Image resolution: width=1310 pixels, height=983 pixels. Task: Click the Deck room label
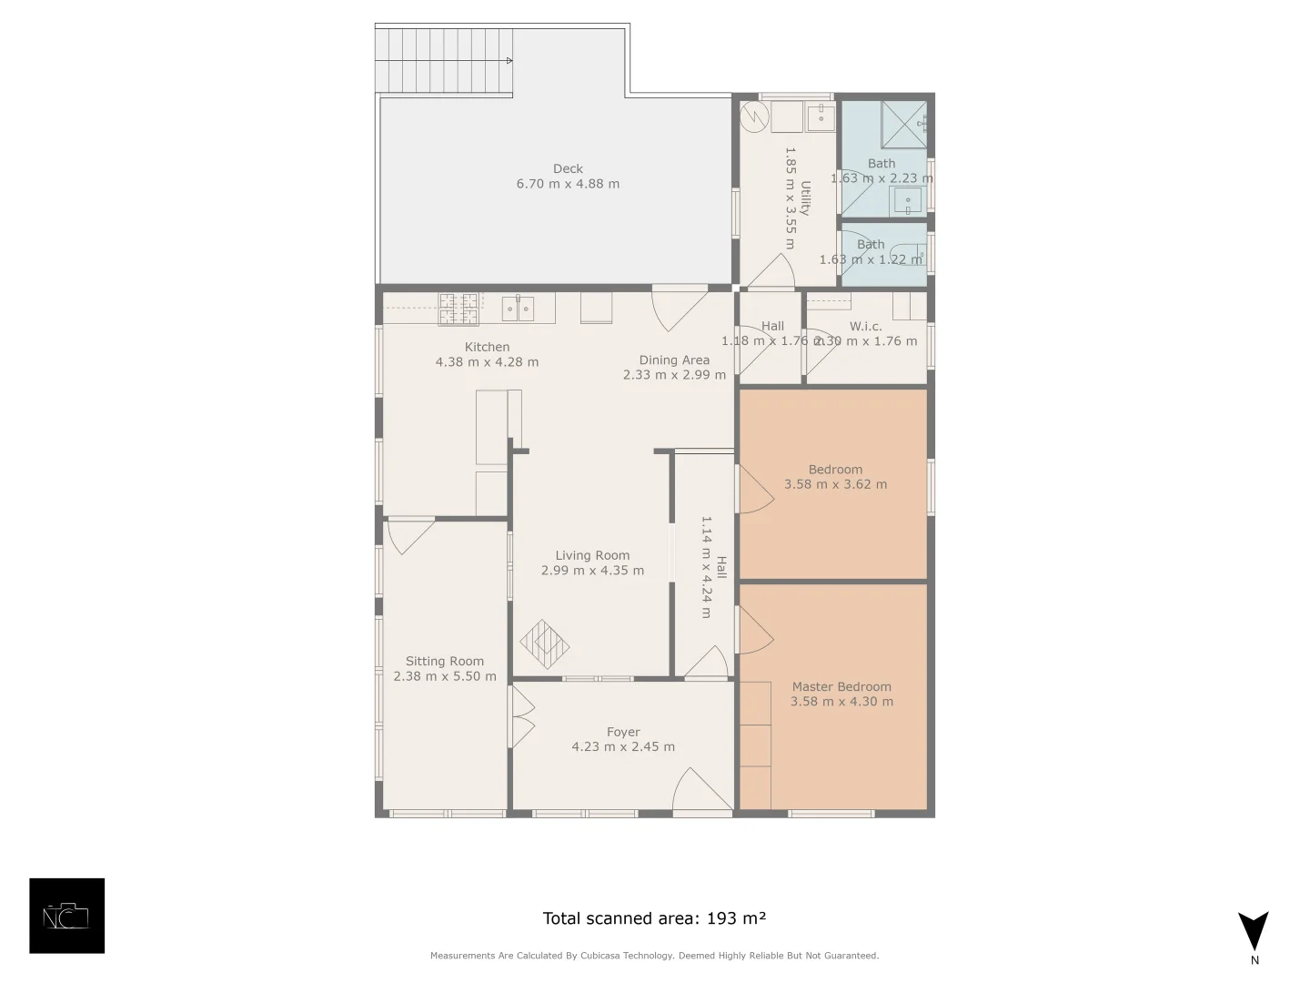(x=568, y=168)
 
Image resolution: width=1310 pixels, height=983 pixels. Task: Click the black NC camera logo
(x=67, y=916)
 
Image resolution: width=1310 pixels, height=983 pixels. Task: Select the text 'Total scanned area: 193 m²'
(x=654, y=918)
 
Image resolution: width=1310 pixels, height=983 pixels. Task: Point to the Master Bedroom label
(x=841, y=687)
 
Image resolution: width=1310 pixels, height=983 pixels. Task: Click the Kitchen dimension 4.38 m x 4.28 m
(x=487, y=362)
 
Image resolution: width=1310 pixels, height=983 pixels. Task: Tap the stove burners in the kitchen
(x=458, y=309)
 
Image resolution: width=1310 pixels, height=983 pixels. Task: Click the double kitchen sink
(x=519, y=308)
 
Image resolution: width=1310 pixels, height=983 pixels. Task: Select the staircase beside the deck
(x=444, y=60)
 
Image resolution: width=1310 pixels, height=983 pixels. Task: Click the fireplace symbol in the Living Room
(x=544, y=644)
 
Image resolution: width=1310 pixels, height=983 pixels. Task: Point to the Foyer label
(x=623, y=732)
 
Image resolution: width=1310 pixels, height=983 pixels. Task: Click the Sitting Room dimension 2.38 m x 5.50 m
(x=445, y=676)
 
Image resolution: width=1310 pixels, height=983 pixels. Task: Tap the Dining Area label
(x=674, y=360)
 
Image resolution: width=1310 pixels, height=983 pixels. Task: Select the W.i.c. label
(x=865, y=326)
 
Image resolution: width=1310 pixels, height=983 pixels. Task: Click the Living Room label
(x=592, y=555)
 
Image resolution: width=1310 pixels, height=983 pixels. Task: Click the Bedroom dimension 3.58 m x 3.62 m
(x=835, y=484)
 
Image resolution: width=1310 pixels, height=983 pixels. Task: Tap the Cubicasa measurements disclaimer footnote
(x=654, y=956)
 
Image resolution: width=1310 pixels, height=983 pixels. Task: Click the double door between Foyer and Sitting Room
(x=521, y=716)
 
